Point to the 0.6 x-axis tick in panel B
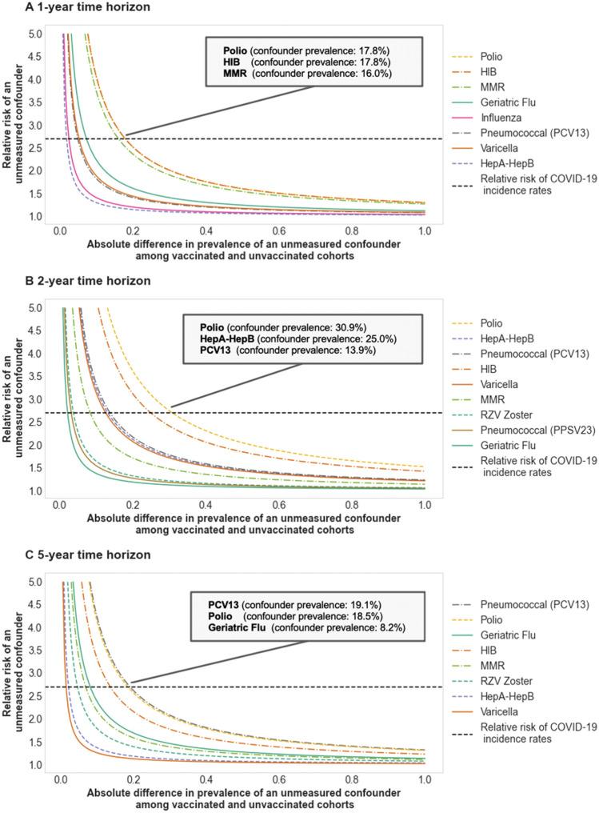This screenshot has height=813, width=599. click(x=278, y=506)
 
